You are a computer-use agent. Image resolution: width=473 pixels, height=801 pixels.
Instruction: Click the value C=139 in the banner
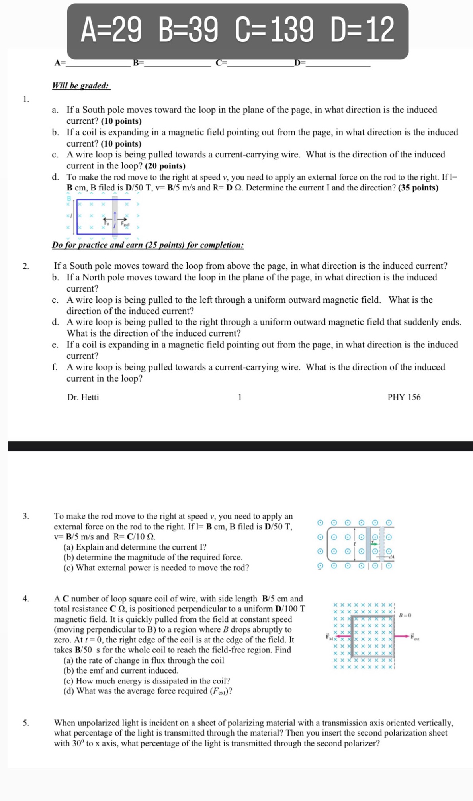tap(274, 30)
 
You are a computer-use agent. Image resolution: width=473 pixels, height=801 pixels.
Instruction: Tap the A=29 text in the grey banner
tap(111, 30)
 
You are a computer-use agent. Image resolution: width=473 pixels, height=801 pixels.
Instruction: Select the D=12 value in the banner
tap(362, 30)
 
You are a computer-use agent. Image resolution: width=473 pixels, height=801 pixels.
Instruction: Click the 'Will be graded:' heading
tap(81, 86)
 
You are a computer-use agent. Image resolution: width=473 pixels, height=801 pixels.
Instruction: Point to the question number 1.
tap(26, 99)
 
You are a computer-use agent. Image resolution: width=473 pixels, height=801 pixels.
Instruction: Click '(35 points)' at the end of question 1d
tap(418, 188)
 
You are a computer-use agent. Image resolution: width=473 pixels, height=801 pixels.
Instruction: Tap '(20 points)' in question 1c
tap(165, 166)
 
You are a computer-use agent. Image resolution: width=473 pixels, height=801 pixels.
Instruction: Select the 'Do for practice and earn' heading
tap(148, 245)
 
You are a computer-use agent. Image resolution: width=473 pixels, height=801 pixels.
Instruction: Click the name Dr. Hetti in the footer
tap(83, 397)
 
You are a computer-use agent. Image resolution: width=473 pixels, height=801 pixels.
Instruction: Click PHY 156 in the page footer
tap(404, 397)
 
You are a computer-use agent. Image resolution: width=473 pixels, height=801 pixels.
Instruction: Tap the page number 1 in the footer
tap(240, 397)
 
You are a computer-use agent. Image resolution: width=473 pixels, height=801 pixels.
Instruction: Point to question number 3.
tap(26, 516)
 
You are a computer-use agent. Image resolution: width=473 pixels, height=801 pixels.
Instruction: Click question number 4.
tap(26, 599)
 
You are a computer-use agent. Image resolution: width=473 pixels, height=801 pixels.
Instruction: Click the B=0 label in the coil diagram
tap(405, 615)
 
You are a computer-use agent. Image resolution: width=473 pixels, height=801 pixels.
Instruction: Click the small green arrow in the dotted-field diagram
tap(374, 544)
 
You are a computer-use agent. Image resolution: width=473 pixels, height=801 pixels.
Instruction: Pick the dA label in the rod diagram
tap(391, 556)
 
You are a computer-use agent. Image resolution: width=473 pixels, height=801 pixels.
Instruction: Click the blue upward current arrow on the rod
tap(115, 217)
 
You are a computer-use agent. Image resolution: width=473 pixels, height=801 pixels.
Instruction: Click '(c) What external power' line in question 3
tap(156, 568)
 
